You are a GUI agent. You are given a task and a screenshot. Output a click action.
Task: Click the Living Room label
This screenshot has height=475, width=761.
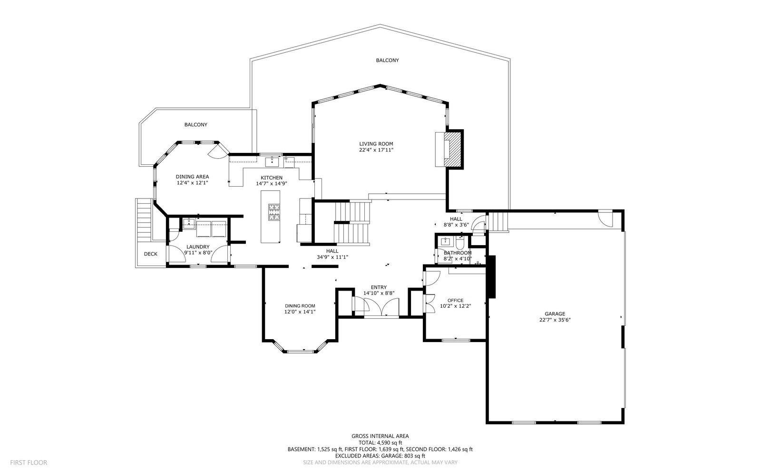[x=376, y=144]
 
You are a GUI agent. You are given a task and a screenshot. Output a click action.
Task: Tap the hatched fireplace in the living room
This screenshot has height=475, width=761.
[x=453, y=149]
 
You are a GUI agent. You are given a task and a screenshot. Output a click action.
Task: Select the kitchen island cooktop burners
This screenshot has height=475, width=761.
[x=274, y=212]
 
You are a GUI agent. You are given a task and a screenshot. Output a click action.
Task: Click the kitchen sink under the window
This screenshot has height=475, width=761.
[x=272, y=162]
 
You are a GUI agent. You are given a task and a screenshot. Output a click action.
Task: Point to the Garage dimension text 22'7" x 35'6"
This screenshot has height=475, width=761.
[x=555, y=320]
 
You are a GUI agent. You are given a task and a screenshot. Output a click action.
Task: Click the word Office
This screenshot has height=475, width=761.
[x=455, y=300]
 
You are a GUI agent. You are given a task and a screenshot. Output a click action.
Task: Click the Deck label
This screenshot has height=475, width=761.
[x=150, y=254]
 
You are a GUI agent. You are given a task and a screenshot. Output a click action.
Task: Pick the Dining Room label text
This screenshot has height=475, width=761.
[x=300, y=306]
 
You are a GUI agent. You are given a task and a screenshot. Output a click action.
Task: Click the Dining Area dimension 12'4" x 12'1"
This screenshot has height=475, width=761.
[x=192, y=182]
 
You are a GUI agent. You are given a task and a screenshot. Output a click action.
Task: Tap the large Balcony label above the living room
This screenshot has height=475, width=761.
[x=387, y=60]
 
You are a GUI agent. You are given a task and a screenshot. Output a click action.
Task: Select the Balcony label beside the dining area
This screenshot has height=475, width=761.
[x=195, y=124]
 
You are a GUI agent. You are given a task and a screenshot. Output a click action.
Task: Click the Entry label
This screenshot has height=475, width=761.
[x=379, y=287]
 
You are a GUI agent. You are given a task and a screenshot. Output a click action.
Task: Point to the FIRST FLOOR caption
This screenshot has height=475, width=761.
[x=29, y=463]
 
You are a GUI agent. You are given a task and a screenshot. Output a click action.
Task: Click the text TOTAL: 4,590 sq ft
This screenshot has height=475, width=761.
[x=380, y=443]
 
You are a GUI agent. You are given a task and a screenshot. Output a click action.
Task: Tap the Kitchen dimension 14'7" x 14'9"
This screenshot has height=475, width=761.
[x=272, y=183]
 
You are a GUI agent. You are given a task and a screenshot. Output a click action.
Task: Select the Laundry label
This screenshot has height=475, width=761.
[x=198, y=247]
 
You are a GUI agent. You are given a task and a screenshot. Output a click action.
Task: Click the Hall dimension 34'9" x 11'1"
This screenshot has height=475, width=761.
[x=332, y=257]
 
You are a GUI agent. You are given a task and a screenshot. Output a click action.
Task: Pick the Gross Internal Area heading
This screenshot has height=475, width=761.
[x=380, y=437]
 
